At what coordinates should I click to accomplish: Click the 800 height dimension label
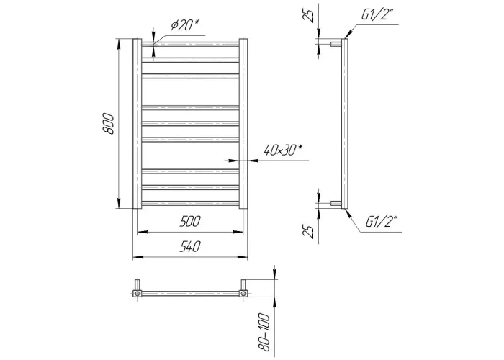[x=108, y=124]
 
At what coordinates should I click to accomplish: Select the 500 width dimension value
[x=190, y=222]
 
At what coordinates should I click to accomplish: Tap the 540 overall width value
[x=190, y=246]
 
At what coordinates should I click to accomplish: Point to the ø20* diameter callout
[x=185, y=24]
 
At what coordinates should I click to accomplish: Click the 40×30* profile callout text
[x=283, y=150]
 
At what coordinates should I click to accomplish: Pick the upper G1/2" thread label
[x=378, y=15]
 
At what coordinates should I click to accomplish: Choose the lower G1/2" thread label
[x=382, y=222]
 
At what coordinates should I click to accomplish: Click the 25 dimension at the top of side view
[x=309, y=15]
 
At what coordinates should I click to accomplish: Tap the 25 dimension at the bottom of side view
[x=308, y=231]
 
